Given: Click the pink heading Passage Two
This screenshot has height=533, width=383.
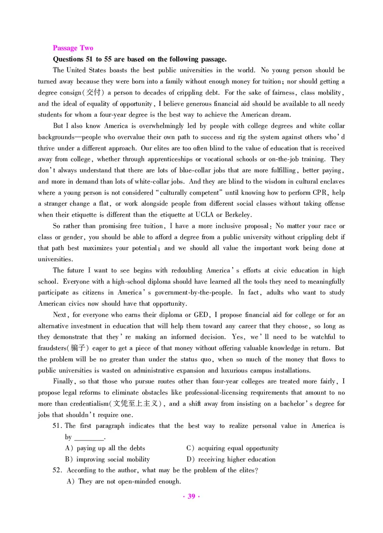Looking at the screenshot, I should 73,48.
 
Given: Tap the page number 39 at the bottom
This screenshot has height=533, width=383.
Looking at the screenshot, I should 191,496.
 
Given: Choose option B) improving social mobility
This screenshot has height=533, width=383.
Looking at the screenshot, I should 107,459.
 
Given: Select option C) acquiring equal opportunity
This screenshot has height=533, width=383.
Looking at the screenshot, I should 232,448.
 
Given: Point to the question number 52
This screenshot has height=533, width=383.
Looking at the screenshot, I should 57,470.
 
